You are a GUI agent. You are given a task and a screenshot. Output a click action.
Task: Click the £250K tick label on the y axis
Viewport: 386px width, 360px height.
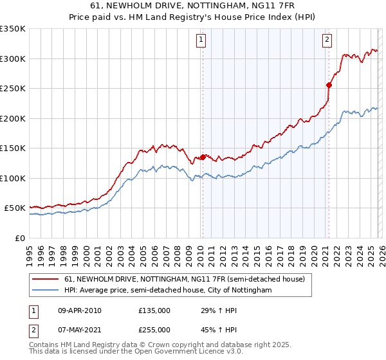pos(13,88)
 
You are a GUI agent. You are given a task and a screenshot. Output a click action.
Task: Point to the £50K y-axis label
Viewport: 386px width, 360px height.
pos(15,208)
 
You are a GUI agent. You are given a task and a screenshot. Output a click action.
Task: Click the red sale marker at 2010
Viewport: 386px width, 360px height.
pos(203,156)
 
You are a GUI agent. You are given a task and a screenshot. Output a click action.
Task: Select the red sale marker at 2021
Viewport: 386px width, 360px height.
pos(329,84)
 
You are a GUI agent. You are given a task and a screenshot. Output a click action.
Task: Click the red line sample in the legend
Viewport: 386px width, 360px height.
pos(46,279)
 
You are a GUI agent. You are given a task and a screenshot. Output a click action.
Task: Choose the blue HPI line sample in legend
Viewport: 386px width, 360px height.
pos(46,290)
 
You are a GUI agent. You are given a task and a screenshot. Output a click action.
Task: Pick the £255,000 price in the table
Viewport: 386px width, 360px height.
pos(154,329)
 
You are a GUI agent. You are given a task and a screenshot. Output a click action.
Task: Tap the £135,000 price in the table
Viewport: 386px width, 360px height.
pos(154,311)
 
